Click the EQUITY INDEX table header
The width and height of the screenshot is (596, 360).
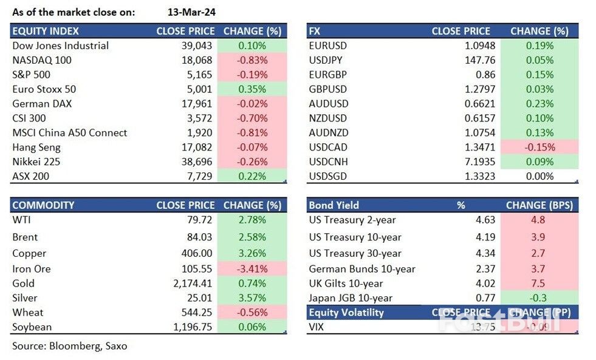click(x=46, y=31)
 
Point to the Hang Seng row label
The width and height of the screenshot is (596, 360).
click(x=36, y=148)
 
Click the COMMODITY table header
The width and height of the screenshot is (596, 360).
click(x=43, y=205)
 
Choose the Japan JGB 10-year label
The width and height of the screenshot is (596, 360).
click(x=351, y=298)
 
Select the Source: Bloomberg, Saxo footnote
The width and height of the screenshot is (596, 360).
click(x=69, y=346)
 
